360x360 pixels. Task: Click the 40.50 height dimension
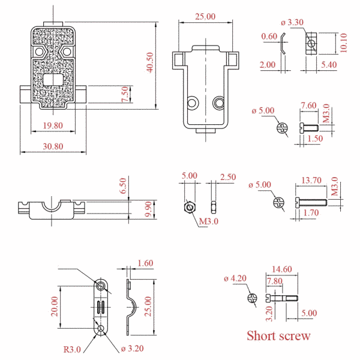coord(150,62)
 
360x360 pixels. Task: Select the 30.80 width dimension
coord(53,146)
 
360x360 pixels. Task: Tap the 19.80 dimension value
coord(53,125)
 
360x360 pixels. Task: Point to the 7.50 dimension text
coord(125,94)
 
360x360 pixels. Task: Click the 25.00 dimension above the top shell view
coord(205,17)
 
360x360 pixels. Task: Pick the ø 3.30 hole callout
coord(292,23)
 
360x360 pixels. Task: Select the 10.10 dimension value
coord(343,43)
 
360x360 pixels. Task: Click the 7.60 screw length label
coord(309,106)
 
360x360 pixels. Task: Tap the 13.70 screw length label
coord(311,180)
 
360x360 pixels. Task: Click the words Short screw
coord(278,335)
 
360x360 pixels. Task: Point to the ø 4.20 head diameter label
coord(235,278)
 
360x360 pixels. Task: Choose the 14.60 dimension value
coord(282,269)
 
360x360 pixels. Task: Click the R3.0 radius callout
coord(72,349)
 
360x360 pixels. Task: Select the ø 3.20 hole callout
coord(132,349)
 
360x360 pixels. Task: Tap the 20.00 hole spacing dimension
coord(55,307)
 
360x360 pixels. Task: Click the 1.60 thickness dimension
coord(145,263)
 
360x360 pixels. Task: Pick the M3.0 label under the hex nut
coord(208,221)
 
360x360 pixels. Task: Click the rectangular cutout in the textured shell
coord(53,80)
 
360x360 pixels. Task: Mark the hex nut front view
coord(190,208)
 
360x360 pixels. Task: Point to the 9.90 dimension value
coord(148,209)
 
